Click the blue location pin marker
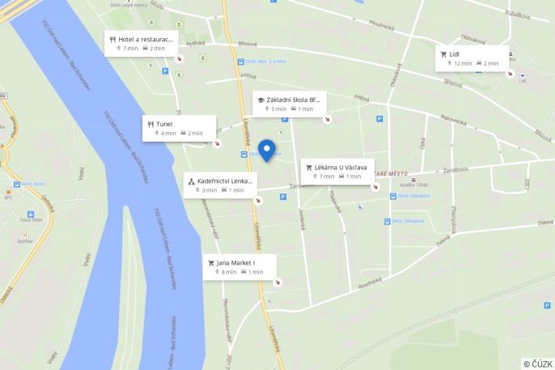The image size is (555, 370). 266,150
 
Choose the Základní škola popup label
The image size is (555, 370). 289,104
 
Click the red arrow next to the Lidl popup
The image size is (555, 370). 511,74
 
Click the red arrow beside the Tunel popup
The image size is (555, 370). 217,144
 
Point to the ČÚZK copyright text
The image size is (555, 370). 538,364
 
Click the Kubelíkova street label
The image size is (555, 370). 517,13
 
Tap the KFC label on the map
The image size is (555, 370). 9,196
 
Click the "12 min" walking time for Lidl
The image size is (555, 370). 462,63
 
